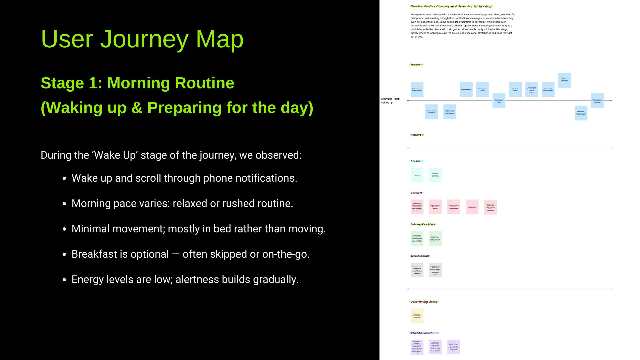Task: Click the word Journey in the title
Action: pyautogui.click(x=144, y=39)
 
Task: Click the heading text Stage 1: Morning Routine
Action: pyautogui.click(x=137, y=83)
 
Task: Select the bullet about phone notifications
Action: pyautogui.click(x=184, y=178)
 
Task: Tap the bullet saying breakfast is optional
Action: pyautogui.click(x=190, y=254)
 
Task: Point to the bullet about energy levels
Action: pyautogui.click(x=185, y=280)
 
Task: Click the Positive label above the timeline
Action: pyautogui.click(x=416, y=65)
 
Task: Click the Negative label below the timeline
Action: pyautogui.click(x=416, y=135)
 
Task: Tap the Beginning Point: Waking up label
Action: pyautogui.click(x=390, y=101)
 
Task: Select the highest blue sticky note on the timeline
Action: pyautogui.click(x=564, y=80)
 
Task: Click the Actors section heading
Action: pyautogui.click(x=415, y=161)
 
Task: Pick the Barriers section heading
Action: pyautogui.click(x=416, y=193)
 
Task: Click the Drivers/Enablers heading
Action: pyautogui.click(x=423, y=225)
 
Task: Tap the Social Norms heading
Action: pyautogui.click(x=420, y=256)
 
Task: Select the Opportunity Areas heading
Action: pyautogui.click(x=424, y=302)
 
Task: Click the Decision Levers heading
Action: pyautogui.click(x=422, y=333)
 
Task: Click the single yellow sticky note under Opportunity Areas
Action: pyautogui.click(x=417, y=316)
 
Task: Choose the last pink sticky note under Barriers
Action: pyautogui.click(x=490, y=207)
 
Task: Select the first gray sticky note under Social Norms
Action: pyautogui.click(x=417, y=270)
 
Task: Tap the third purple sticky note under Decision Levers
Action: pyautogui.click(x=453, y=347)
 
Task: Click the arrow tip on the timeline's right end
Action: pyautogui.click(x=611, y=101)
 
